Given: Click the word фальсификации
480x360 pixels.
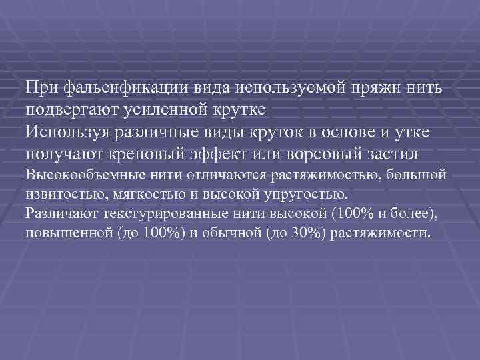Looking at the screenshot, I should tap(114, 88).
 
